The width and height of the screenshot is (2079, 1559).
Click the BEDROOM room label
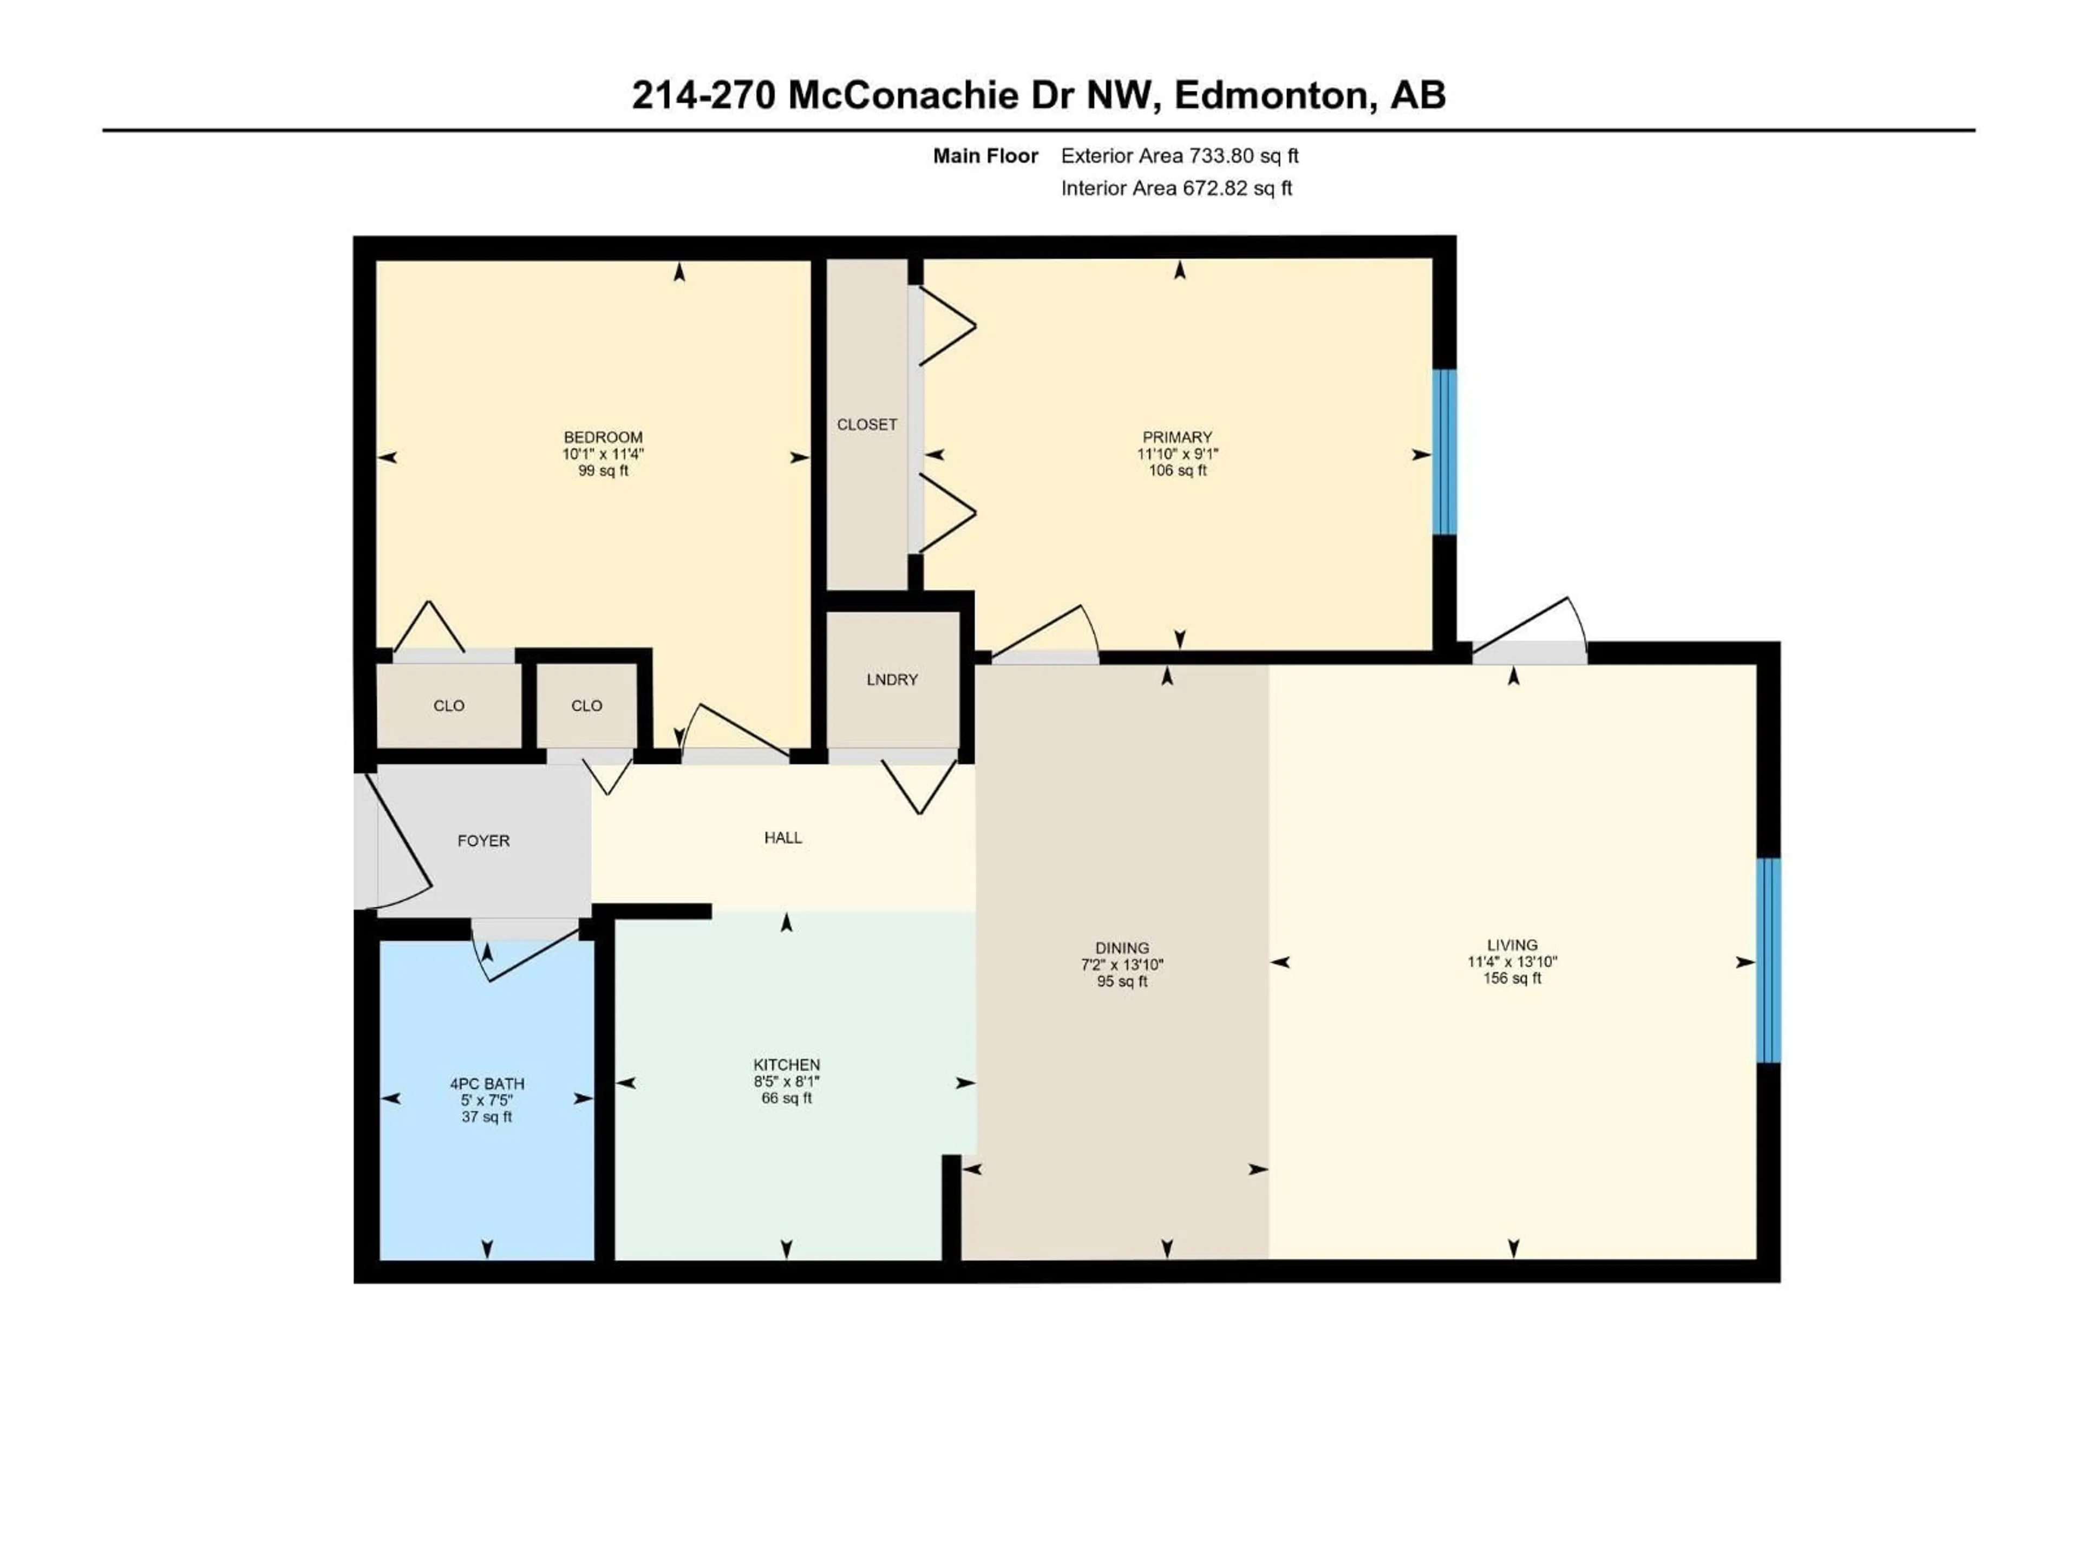pos(603,437)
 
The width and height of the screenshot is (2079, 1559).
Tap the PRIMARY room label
pos(1176,437)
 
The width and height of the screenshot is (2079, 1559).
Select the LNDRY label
pos(892,679)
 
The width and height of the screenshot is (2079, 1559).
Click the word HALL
pos(783,837)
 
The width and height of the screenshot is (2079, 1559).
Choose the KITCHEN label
pos(787,1065)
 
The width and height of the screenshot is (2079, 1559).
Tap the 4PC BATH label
pos(487,1084)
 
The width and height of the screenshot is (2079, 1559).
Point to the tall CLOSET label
pos(867,425)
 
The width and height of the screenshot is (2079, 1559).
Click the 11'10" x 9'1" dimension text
pos(1176,454)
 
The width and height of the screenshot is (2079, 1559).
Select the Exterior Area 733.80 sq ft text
pos(1180,156)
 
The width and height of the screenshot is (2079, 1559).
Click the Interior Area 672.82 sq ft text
pos(1176,188)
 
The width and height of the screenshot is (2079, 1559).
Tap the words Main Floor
pos(985,156)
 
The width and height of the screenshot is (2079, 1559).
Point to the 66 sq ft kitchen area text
pos(787,1098)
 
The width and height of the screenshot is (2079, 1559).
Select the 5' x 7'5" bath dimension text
pos(487,1101)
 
